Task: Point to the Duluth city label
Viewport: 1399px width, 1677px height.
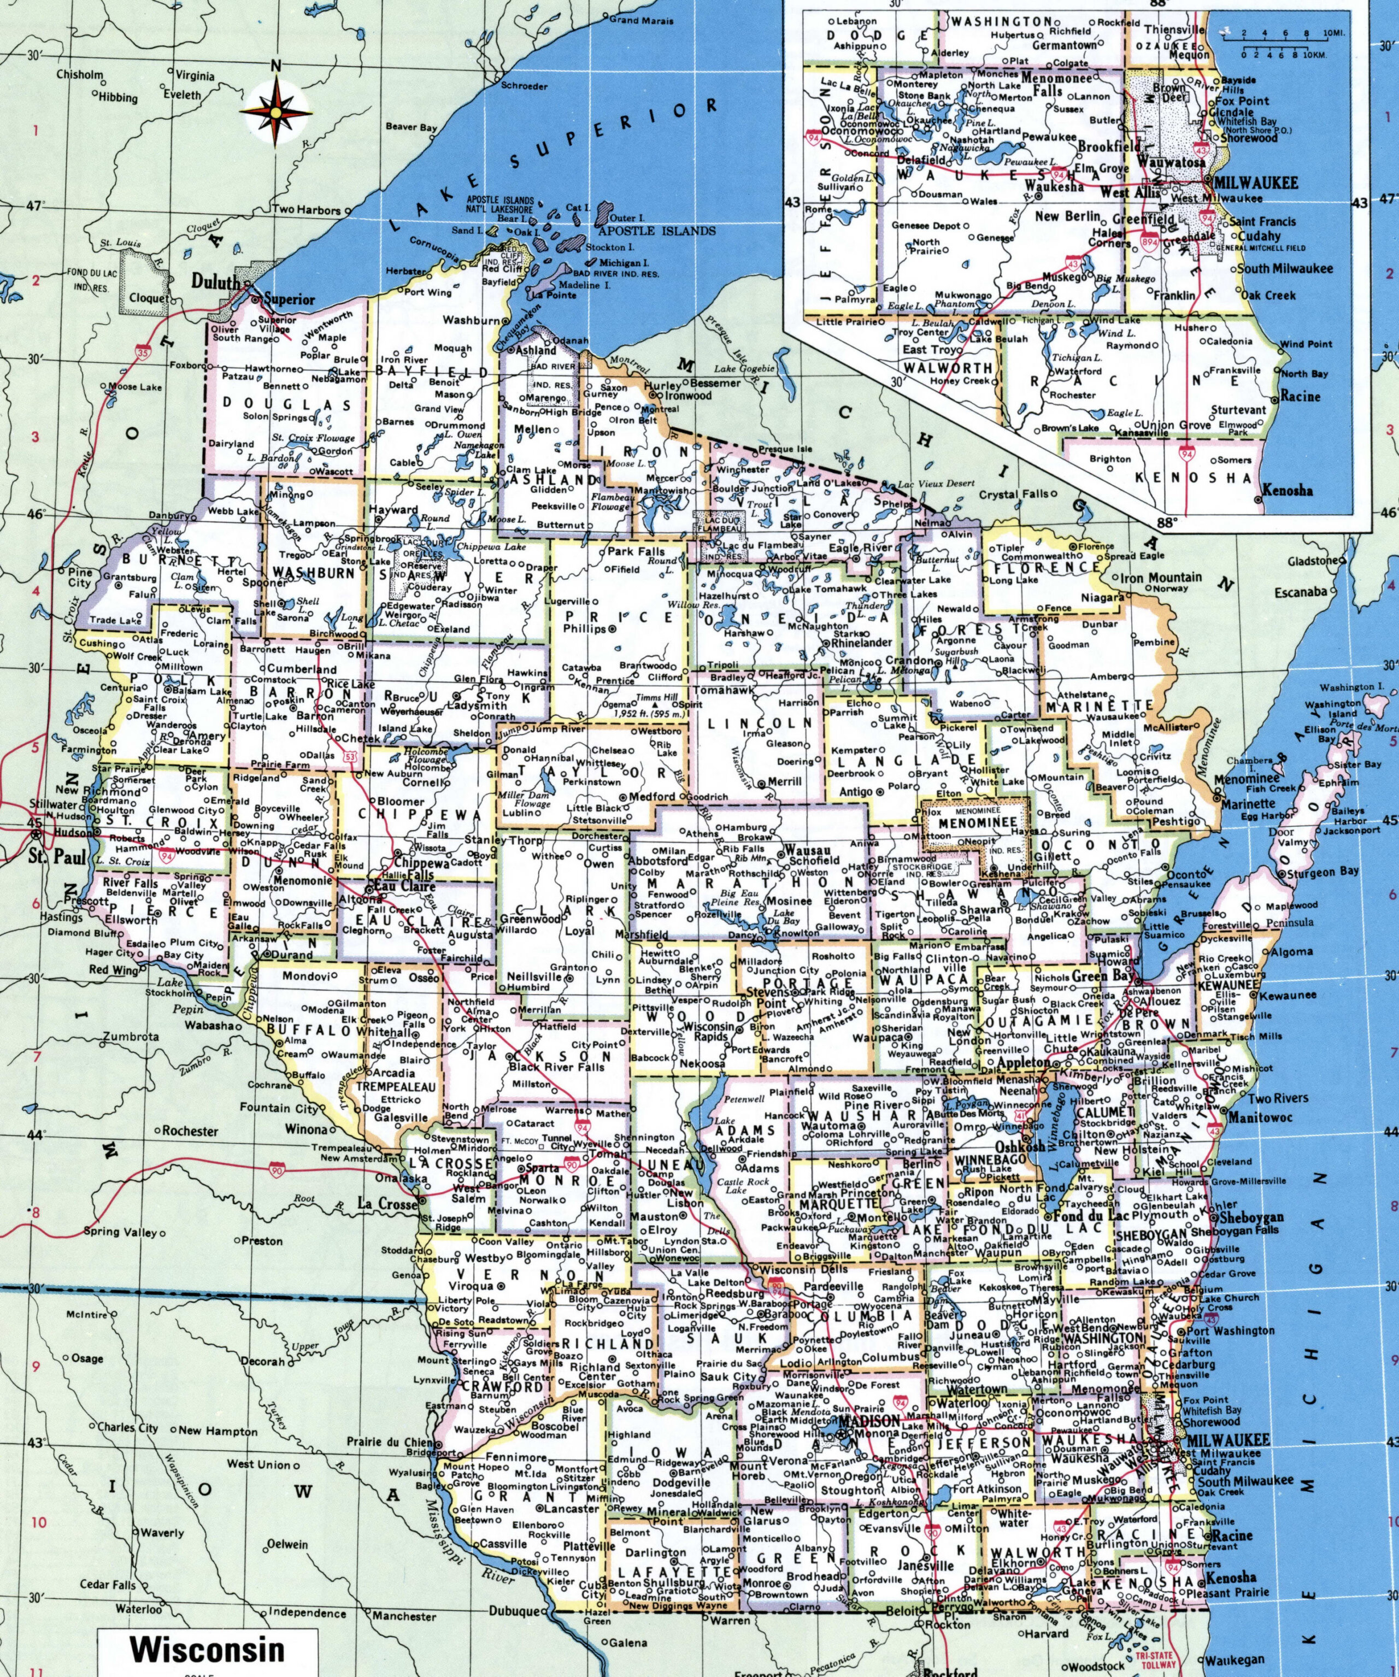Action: click(216, 283)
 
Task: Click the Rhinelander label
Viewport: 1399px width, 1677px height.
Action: click(861, 643)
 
